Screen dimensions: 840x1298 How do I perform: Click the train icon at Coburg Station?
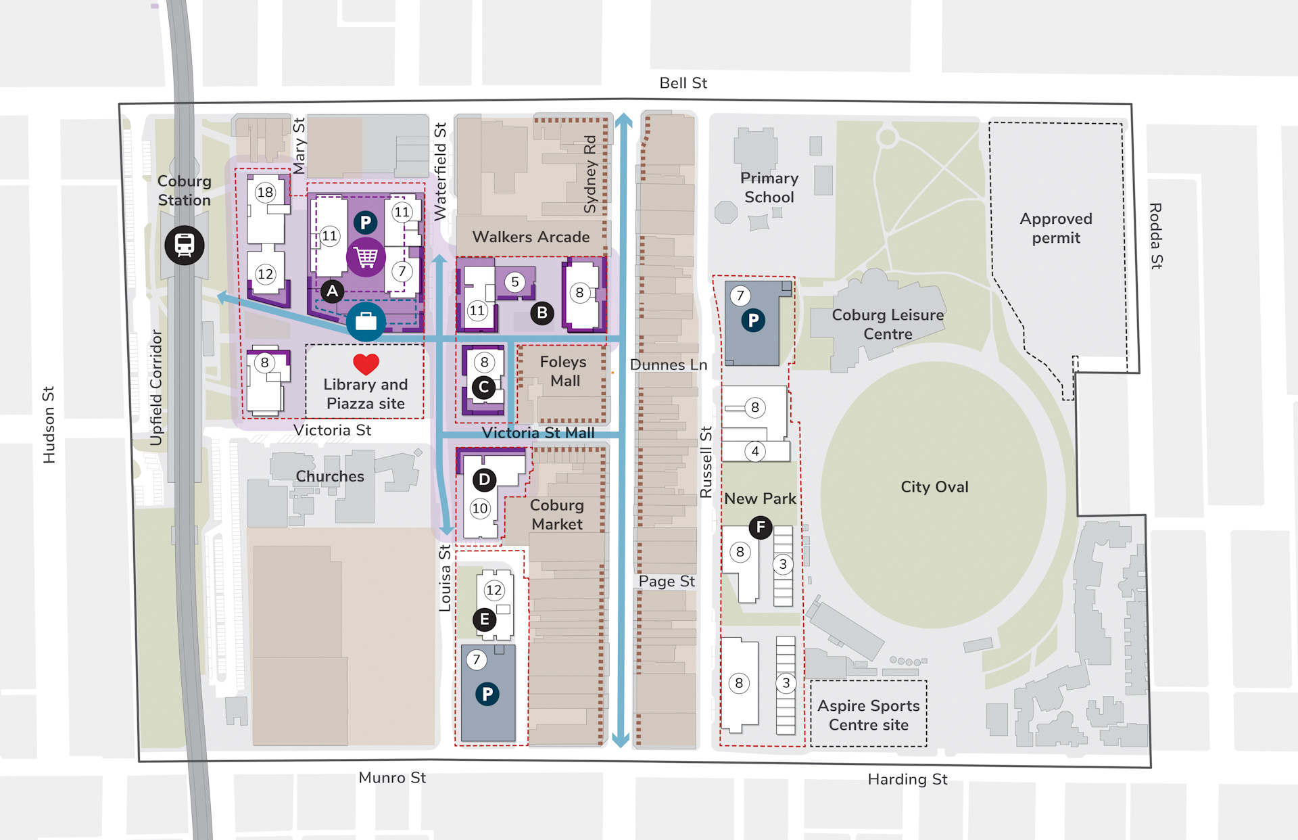(185, 245)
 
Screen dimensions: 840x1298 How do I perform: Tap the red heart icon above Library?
(366, 365)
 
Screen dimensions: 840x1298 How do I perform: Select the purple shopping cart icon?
(366, 257)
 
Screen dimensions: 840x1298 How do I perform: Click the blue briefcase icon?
(366, 321)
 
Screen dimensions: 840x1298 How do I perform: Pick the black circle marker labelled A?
(332, 291)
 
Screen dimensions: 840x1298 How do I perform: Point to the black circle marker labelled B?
(542, 313)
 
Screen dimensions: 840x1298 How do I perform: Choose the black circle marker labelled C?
(483, 388)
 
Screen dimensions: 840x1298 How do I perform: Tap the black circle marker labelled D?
(484, 480)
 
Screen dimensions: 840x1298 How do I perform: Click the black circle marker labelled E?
(484, 620)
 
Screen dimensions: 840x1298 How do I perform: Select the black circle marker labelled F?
(761, 527)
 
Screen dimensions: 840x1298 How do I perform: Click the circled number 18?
(265, 192)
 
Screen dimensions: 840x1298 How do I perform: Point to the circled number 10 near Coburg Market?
(480, 509)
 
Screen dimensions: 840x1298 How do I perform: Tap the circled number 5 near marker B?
(515, 282)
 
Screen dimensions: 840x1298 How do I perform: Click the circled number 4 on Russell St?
(755, 450)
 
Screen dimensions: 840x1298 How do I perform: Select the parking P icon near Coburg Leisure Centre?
(753, 321)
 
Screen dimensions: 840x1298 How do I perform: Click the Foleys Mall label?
(563, 371)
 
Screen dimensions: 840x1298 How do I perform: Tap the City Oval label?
(934, 487)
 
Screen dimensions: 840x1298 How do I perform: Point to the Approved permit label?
(1055, 229)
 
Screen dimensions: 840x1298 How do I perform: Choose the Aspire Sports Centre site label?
(869, 715)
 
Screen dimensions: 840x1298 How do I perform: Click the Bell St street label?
(683, 83)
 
